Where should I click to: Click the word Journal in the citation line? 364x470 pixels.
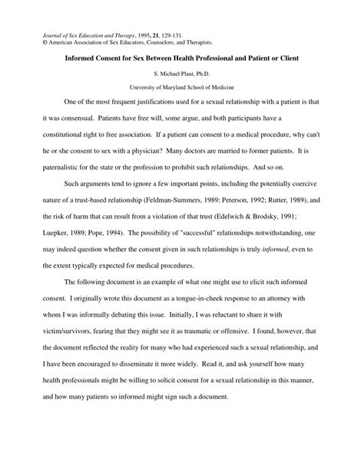click(43, 35)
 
